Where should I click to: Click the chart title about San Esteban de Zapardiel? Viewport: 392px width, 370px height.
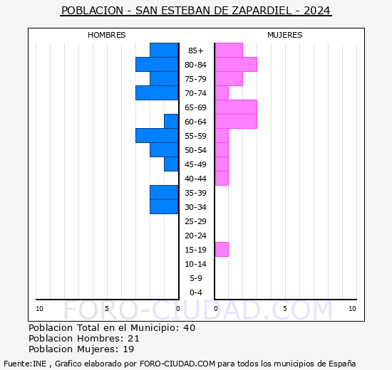196,11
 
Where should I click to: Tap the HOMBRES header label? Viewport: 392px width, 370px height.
107,35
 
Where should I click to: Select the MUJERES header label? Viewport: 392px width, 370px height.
284,35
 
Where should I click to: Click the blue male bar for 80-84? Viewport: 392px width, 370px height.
157,65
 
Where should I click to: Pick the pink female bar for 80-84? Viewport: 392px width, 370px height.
236,65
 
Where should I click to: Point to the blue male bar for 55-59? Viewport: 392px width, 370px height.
157,136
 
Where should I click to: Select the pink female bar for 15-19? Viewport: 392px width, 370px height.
222,250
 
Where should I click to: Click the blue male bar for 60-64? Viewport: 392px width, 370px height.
171,122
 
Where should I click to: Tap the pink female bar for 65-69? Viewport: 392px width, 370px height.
236,107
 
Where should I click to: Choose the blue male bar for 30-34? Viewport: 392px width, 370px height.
164,207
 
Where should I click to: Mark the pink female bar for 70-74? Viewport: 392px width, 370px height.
222,93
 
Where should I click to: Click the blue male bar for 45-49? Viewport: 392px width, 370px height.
171,164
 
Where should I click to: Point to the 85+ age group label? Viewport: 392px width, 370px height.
196,51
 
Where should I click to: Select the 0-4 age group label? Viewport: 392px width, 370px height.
196,292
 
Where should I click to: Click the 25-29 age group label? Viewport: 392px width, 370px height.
196,221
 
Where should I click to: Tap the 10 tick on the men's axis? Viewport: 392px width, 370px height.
39,308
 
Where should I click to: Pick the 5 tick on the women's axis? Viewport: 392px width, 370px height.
284,308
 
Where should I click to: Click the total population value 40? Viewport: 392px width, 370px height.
189,328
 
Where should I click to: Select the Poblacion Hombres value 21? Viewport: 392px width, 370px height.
133,339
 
